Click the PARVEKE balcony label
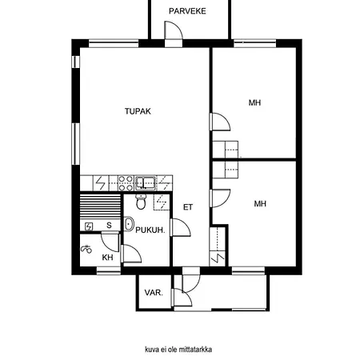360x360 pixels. pyautogui.click(x=187, y=11)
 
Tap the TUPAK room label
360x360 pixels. pyautogui.click(x=138, y=111)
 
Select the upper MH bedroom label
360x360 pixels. pyautogui.click(x=254, y=102)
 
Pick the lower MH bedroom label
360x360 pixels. pyautogui.click(x=260, y=204)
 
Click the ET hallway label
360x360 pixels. pyautogui.click(x=188, y=207)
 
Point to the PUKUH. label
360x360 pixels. pyautogui.click(x=150, y=230)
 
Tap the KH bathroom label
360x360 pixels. pyautogui.click(x=107, y=258)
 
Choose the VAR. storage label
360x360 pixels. pyautogui.click(x=154, y=293)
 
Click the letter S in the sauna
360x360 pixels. pyautogui.click(x=109, y=226)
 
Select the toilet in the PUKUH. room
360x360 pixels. pyautogui.click(x=141, y=202)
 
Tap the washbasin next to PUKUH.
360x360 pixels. pyautogui.click(x=129, y=224)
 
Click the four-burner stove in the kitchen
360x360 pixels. pyautogui.click(x=126, y=183)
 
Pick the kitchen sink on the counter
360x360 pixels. pyautogui.click(x=146, y=183)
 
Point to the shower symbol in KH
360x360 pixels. pyautogui.click(x=86, y=249)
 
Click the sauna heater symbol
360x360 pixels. pyautogui.click(x=89, y=226)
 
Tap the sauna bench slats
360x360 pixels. pyautogui.click(x=100, y=206)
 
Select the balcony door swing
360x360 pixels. pyautogui.click(x=174, y=30)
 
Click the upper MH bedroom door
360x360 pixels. pyautogui.click(x=220, y=122)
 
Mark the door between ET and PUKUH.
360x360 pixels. pyautogui.click(x=180, y=227)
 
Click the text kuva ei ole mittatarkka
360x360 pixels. pyautogui.click(x=178, y=350)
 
